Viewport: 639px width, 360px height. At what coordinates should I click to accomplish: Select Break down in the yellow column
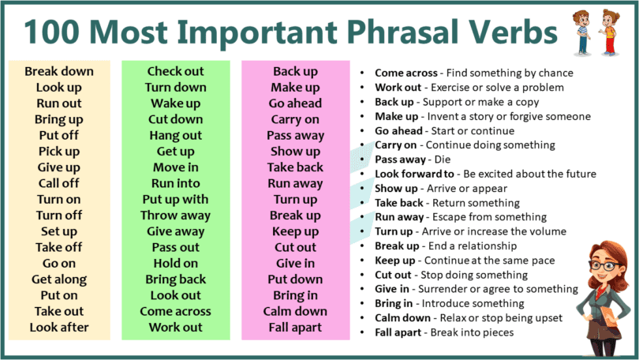coord(59,71)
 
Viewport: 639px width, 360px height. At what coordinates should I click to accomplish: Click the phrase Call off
coord(59,183)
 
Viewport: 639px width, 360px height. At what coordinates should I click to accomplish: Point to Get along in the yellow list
coord(59,279)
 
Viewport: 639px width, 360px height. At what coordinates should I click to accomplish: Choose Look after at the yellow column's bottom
coord(59,327)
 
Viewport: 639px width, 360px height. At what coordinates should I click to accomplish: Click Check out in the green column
coord(176,71)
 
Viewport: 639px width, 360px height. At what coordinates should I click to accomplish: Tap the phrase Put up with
coord(176,199)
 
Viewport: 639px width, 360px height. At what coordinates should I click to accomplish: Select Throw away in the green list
coord(176,215)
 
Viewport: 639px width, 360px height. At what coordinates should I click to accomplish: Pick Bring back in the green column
coord(176,279)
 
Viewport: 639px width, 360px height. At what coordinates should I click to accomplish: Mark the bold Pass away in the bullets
coord(400,159)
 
